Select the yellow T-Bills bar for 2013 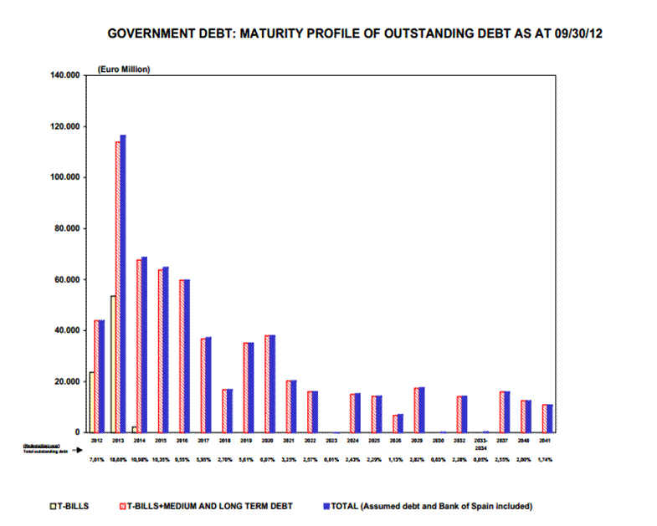(x=113, y=364)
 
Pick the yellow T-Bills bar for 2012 (x=91, y=401)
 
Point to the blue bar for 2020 (x=271, y=383)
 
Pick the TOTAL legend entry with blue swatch (x=427, y=506)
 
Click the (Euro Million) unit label (x=124, y=69)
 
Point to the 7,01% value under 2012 (x=96, y=459)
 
